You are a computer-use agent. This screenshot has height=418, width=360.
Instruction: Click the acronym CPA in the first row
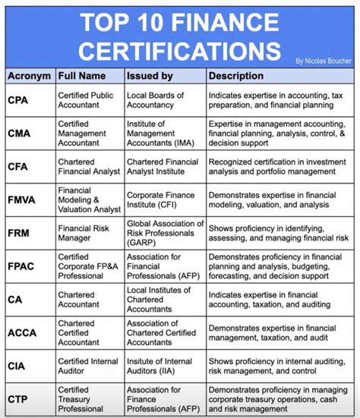coord(19,100)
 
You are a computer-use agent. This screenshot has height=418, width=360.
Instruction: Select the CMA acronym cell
coord(21,134)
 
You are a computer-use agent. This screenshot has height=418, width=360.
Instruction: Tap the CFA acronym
coord(19,167)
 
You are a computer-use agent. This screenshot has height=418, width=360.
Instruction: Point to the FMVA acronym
coord(24,200)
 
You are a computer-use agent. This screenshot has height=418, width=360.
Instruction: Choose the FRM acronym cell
coord(20,233)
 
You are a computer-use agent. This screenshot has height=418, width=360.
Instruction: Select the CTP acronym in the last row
coord(19,398)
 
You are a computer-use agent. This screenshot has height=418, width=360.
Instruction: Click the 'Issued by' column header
coord(150,76)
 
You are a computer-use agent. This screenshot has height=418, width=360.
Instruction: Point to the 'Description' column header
coord(236,76)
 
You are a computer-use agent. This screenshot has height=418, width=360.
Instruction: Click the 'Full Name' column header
coord(83,76)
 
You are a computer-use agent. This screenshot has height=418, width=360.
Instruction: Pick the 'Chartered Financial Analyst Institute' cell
coord(162,167)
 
